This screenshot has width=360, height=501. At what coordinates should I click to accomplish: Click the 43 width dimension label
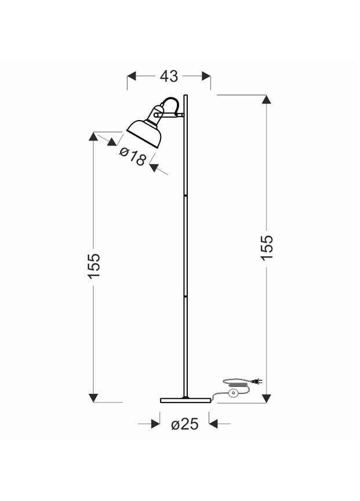pyautogui.click(x=169, y=77)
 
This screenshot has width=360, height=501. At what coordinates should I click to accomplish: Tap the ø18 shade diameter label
pyautogui.click(x=133, y=156)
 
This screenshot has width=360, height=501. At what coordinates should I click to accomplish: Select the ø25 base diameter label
pyautogui.click(x=184, y=424)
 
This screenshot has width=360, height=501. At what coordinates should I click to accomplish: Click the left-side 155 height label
pyautogui.click(x=94, y=266)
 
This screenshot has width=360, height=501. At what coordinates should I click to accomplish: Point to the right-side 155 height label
pyautogui.click(x=267, y=248)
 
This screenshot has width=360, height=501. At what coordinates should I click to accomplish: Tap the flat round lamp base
pyautogui.click(x=186, y=400)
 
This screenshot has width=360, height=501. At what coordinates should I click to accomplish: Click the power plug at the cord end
pyautogui.click(x=257, y=381)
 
